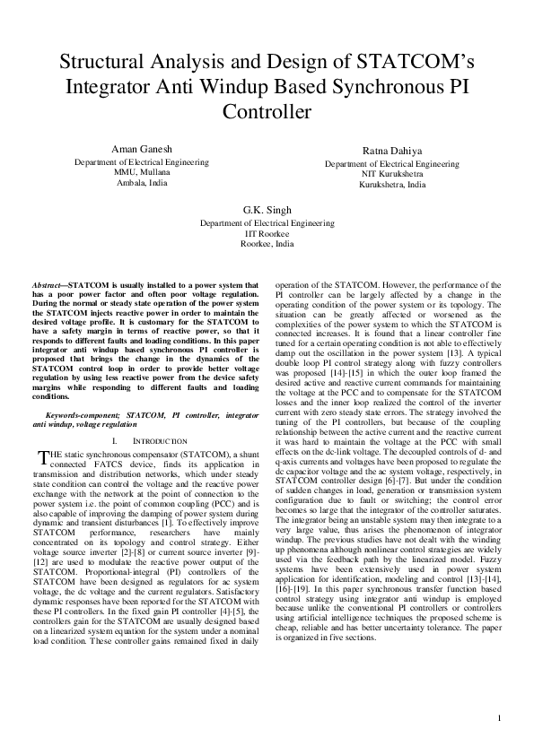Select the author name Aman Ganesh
pyautogui.click(x=141, y=147)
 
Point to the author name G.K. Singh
pyautogui.click(x=267, y=210)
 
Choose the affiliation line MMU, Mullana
pyautogui.click(x=141, y=172)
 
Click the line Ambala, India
pyautogui.click(x=141, y=182)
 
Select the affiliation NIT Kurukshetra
pyautogui.click(x=392, y=175)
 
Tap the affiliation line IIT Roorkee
pyautogui.click(x=267, y=233)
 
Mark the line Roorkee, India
pyautogui.click(x=267, y=243)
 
